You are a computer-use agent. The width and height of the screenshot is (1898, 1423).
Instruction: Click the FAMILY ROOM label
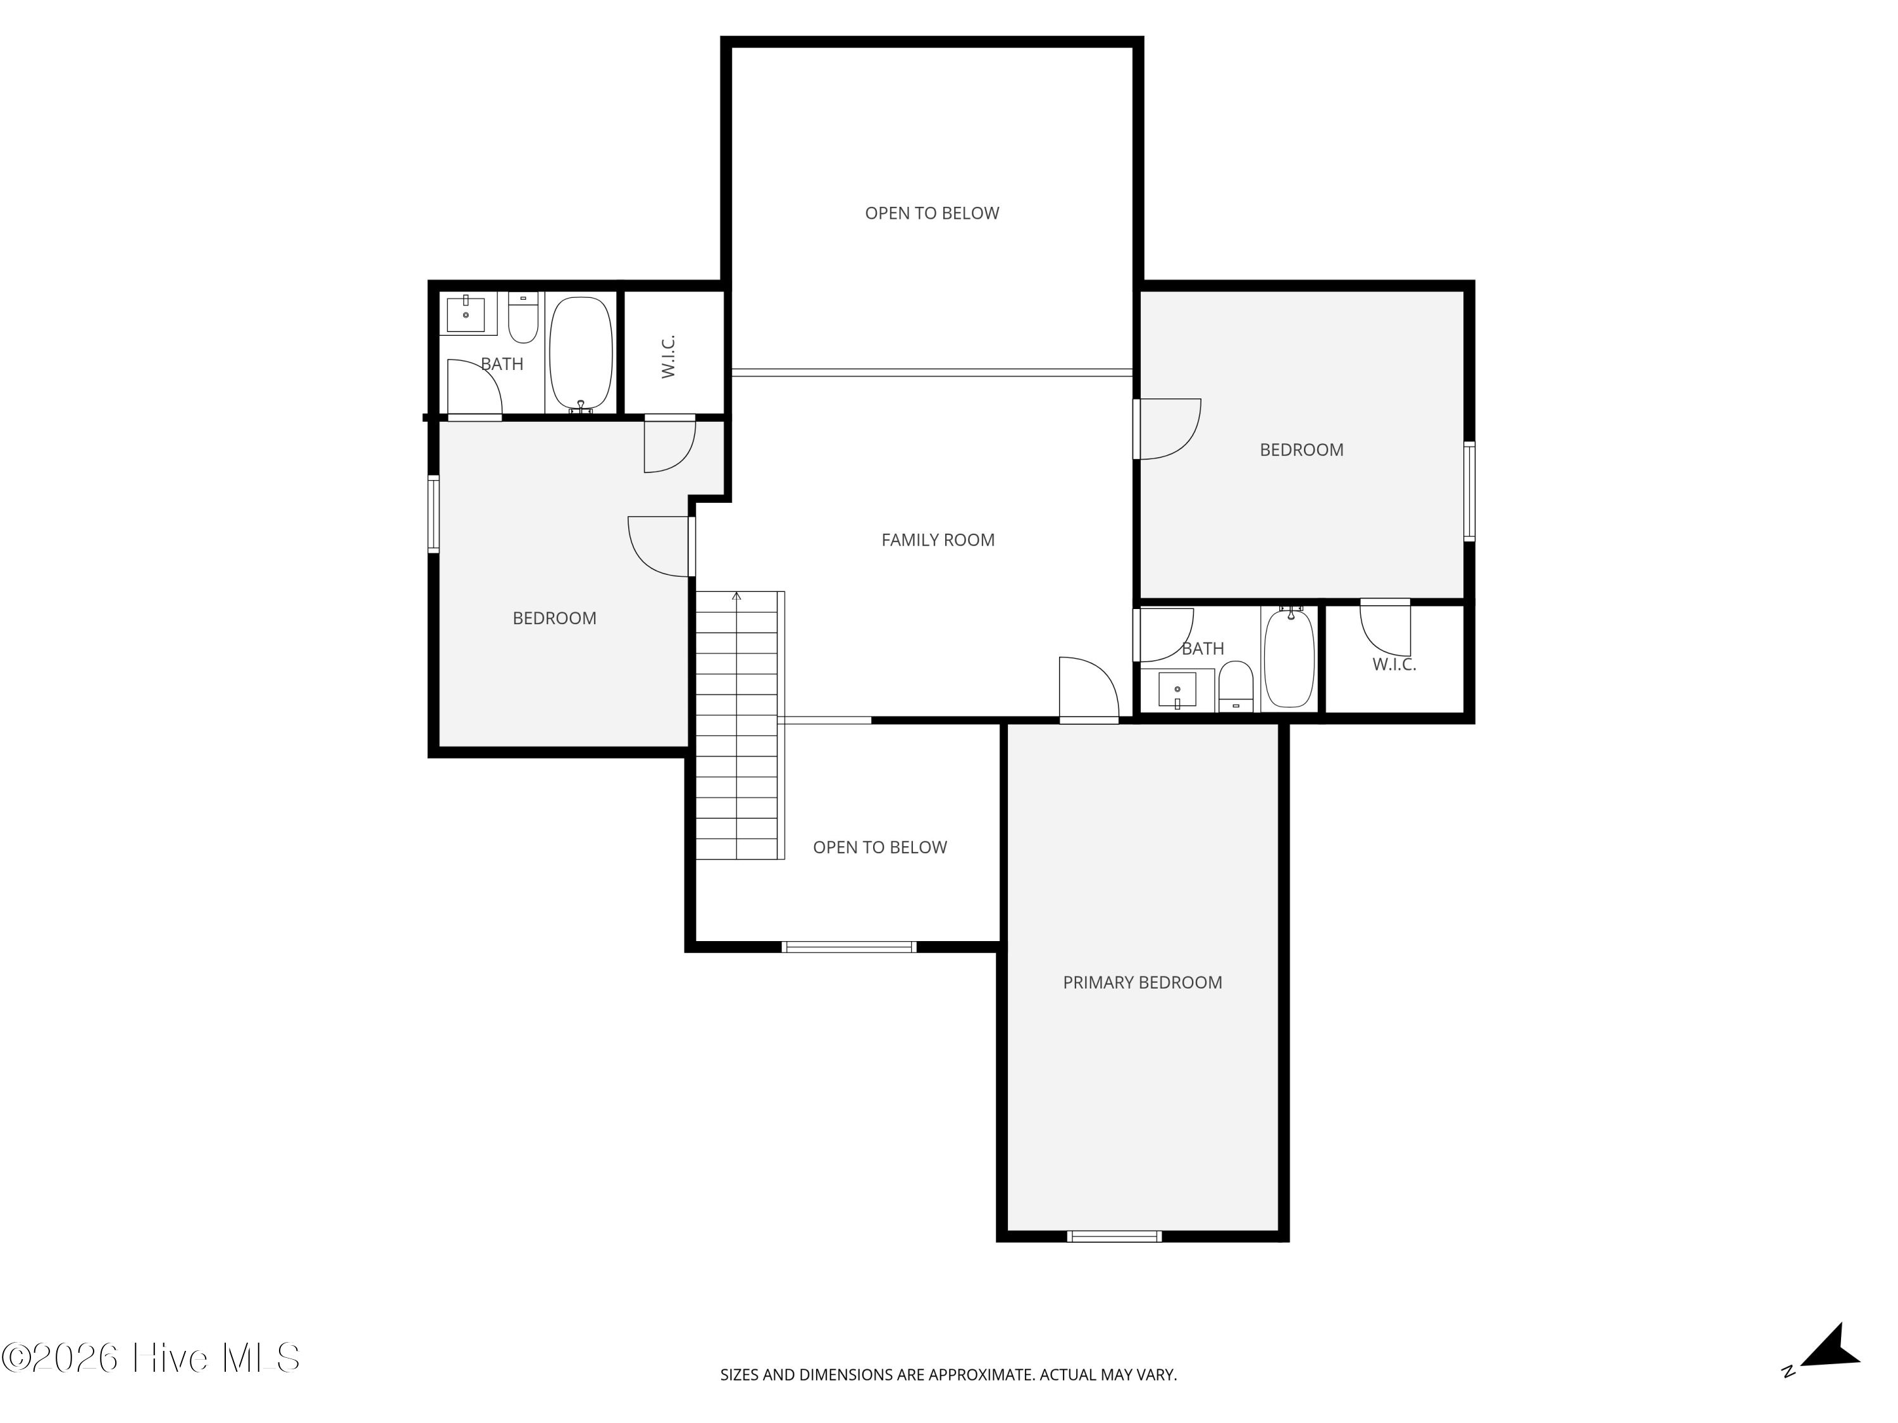tap(938, 539)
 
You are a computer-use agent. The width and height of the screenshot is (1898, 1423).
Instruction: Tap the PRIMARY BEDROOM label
tap(1142, 982)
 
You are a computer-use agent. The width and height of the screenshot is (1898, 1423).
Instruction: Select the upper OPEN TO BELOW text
tap(932, 213)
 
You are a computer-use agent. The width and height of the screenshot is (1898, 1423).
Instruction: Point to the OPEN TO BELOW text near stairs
tap(879, 847)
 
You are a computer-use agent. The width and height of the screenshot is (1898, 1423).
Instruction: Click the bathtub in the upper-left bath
tap(581, 352)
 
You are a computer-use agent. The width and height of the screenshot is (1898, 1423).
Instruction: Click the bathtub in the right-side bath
tap(1289, 658)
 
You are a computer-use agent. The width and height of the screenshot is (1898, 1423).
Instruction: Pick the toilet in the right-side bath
tap(1236, 686)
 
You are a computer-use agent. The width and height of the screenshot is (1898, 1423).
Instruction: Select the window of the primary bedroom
tap(1113, 1236)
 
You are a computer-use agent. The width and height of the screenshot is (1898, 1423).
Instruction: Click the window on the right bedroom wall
tap(1469, 491)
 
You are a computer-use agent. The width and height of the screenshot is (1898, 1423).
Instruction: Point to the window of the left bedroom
tap(433, 514)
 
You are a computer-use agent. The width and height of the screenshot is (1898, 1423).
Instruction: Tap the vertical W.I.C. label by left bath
tap(669, 356)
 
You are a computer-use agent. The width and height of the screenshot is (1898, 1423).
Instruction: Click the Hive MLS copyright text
tap(150, 1358)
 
